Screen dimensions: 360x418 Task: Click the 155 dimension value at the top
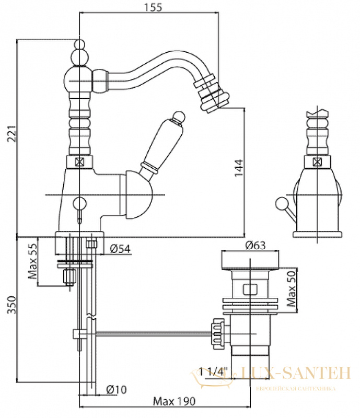click(x=153, y=7)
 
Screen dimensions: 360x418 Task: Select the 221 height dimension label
click(x=12, y=133)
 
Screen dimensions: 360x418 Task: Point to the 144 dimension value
click(x=239, y=168)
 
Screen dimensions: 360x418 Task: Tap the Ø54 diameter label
click(x=120, y=249)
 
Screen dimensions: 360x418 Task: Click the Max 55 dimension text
click(x=33, y=261)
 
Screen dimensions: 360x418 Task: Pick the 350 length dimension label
click(x=12, y=305)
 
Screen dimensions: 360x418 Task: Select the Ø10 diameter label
click(x=117, y=389)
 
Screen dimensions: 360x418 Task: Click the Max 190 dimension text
click(x=174, y=401)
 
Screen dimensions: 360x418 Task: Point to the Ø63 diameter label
click(x=255, y=245)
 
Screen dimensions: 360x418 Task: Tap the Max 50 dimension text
click(x=291, y=288)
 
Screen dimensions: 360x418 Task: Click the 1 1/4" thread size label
click(x=214, y=371)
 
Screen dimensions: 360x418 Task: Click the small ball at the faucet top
click(x=79, y=44)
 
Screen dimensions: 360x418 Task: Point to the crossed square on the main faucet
click(x=79, y=161)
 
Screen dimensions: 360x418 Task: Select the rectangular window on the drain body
click(x=250, y=289)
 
